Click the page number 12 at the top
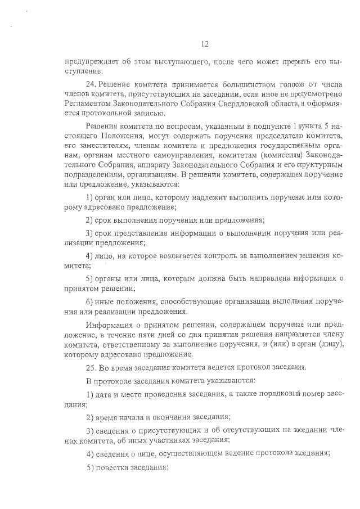205,44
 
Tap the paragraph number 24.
92,83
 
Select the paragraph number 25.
92,367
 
